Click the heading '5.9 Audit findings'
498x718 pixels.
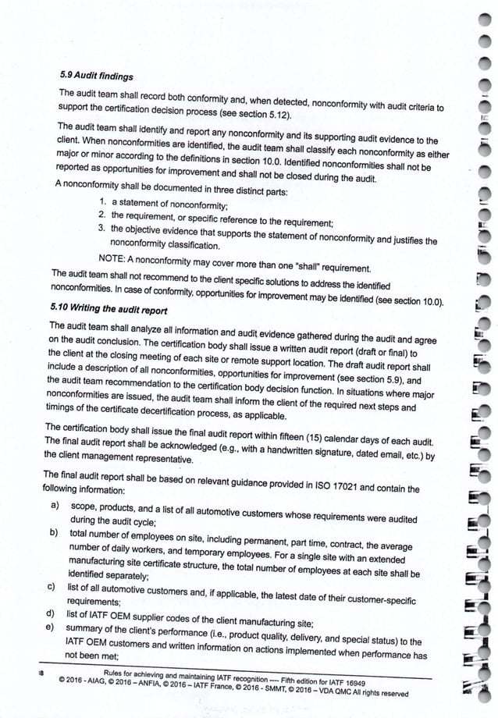point(95,76)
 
